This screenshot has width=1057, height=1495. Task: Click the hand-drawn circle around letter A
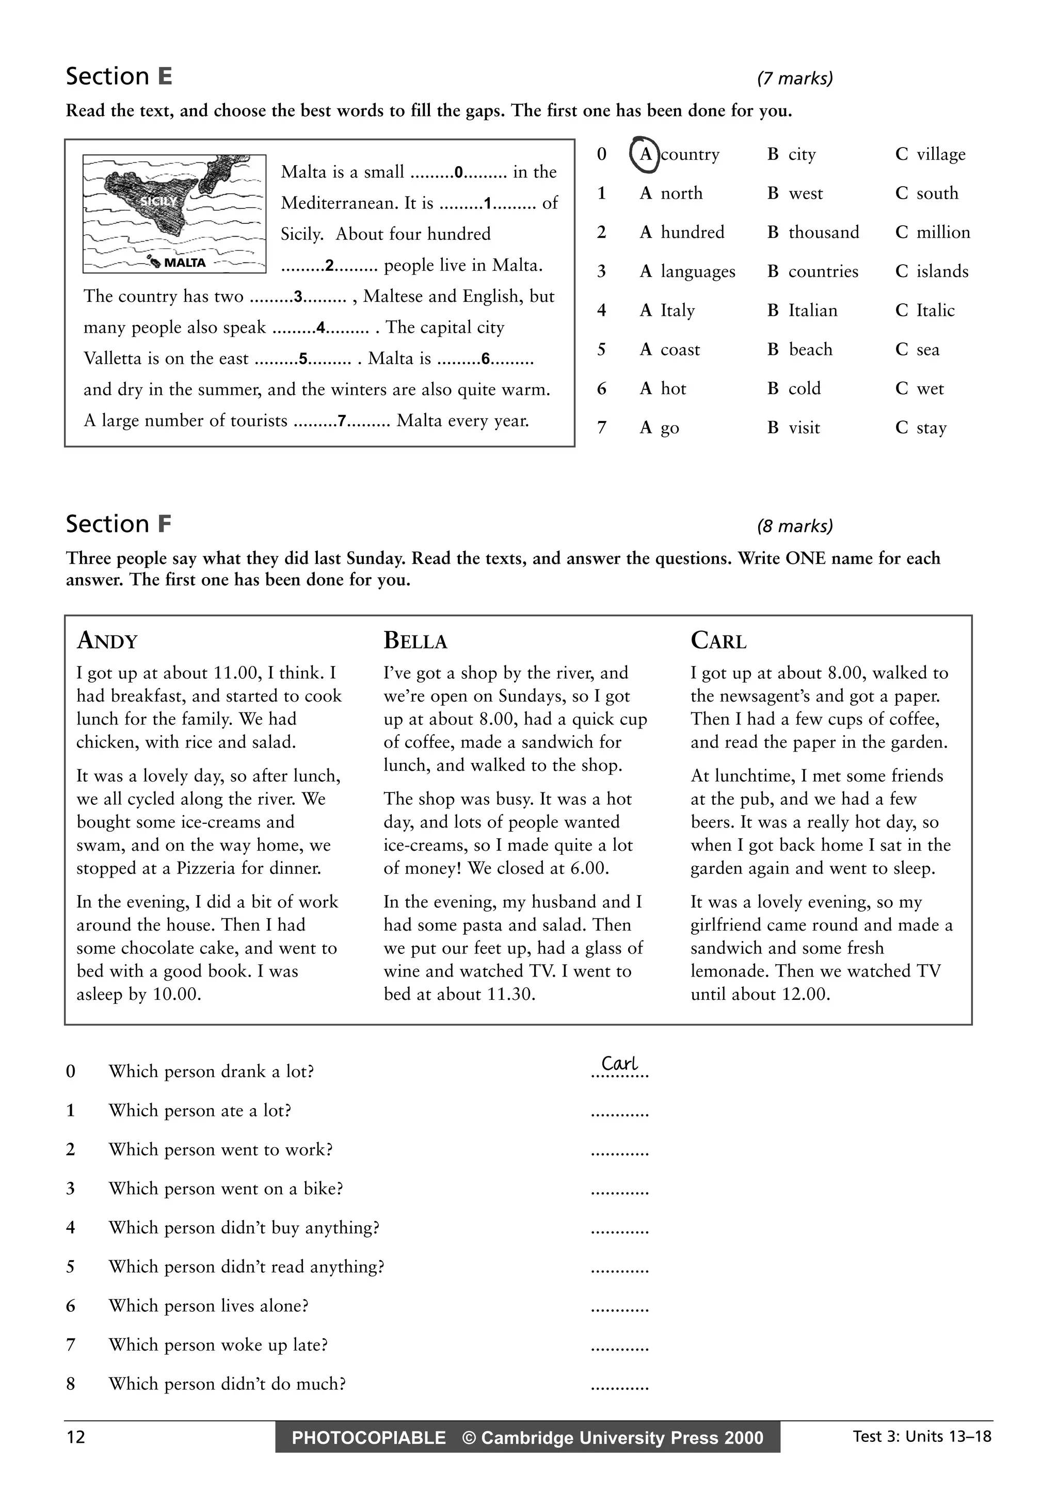click(644, 154)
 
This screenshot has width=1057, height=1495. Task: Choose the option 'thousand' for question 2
click(823, 233)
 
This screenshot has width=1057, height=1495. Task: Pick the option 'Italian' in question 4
click(812, 311)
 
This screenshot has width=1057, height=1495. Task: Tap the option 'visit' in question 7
click(804, 428)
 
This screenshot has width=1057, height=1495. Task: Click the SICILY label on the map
click(158, 202)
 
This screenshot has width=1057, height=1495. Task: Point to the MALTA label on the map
click(184, 263)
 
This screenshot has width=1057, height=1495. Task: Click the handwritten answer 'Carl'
click(619, 1063)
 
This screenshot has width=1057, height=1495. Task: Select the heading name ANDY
click(107, 641)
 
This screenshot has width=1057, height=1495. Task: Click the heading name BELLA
click(415, 641)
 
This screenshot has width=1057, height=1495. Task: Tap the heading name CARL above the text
click(718, 641)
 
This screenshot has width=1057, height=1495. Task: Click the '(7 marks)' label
click(794, 79)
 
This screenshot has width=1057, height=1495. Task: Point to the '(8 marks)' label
click(794, 526)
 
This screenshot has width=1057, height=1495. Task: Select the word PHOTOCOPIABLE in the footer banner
click(369, 1438)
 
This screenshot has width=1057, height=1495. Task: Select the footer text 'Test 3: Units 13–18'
click(922, 1436)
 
